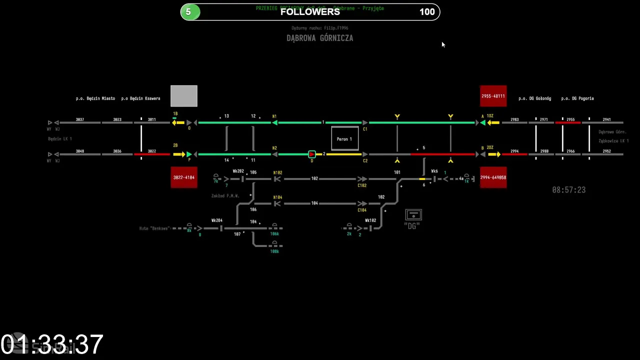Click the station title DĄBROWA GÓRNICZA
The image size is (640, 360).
coord(319,38)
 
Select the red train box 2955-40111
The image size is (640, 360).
coord(493,96)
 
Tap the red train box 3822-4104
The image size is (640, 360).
coord(183,177)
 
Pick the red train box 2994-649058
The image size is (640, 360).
coord(493,177)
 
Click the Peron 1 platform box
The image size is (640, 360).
coord(344,138)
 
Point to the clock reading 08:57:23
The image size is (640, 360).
coord(568,190)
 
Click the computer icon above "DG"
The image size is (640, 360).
coord(413,215)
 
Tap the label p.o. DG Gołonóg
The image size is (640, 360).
coord(534,98)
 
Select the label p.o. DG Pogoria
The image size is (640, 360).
coord(577,98)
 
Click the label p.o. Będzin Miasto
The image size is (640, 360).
coord(95,98)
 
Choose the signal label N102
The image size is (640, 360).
coord(277,173)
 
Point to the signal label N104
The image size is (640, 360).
coord(277,198)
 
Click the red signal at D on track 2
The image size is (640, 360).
coord(312,154)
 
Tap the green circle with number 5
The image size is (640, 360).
coord(188,12)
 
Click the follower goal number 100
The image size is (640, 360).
coord(427,12)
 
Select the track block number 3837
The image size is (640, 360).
coord(80,119)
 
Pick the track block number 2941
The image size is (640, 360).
coord(606,119)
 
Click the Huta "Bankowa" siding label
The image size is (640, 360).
coord(154,228)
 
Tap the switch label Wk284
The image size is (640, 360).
coord(216,220)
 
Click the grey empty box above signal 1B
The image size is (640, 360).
coord(183,96)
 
